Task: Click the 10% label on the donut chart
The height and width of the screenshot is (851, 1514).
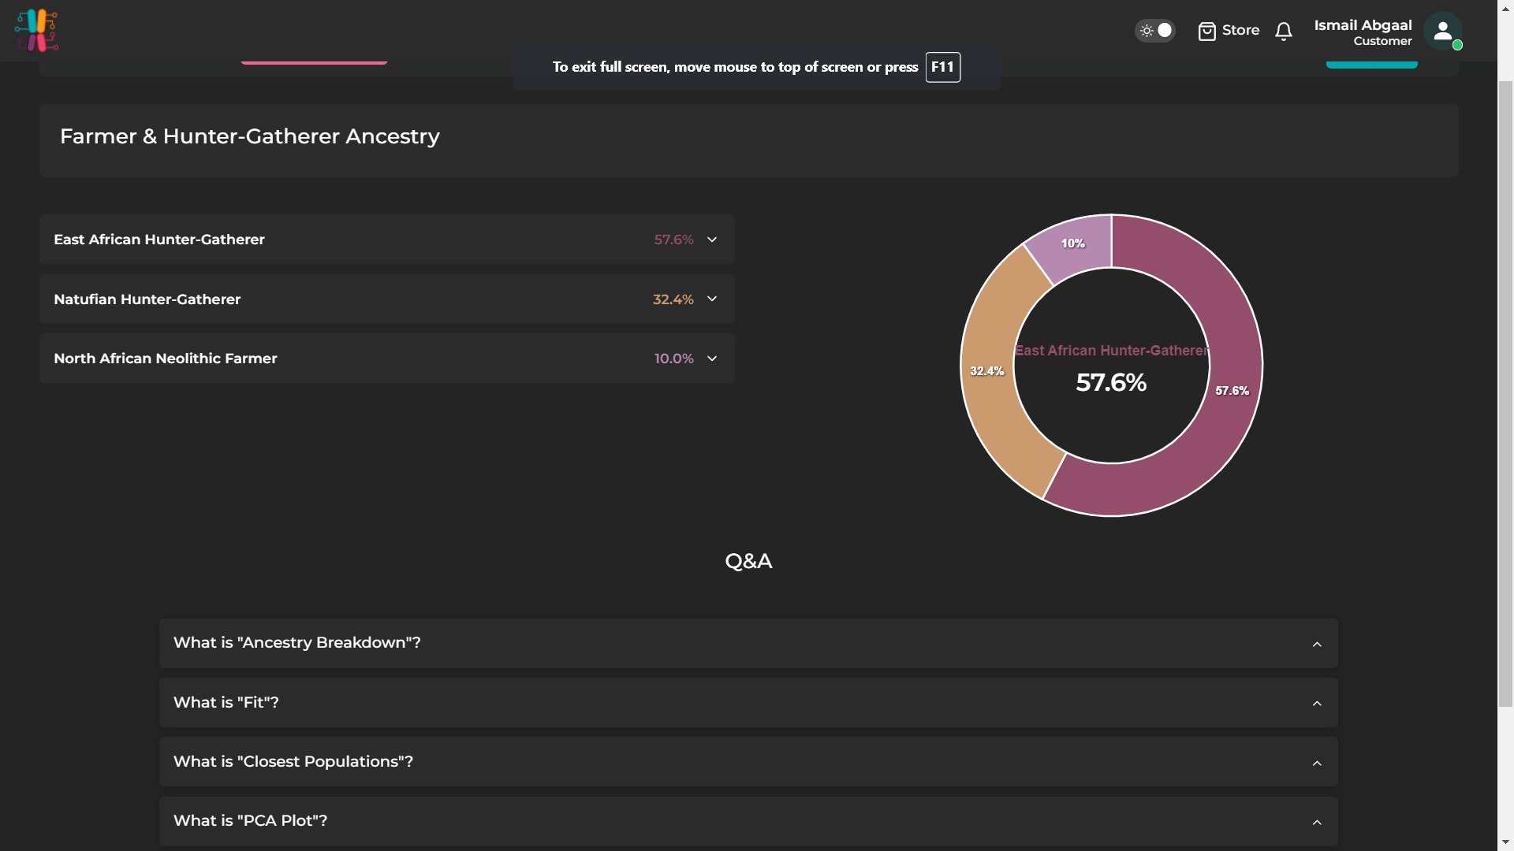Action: (x=1072, y=243)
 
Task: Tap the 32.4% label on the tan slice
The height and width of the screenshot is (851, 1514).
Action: (x=986, y=371)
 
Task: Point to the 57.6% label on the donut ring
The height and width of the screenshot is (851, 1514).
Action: (x=1232, y=391)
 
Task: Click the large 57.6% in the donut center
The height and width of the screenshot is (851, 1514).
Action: (x=1111, y=383)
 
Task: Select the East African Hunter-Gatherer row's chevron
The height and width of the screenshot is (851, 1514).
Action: (x=712, y=240)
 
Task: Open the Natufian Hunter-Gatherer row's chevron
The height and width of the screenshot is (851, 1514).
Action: (x=712, y=299)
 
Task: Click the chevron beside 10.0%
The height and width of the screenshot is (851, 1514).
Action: (x=712, y=359)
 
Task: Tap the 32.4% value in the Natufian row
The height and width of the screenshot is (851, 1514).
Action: (x=673, y=299)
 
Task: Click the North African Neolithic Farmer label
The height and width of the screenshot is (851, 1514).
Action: (x=166, y=359)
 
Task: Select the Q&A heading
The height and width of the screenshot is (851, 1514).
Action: (x=748, y=561)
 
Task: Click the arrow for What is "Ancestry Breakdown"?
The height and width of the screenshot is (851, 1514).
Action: (x=1317, y=645)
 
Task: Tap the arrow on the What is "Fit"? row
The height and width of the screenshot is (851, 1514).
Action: (x=1317, y=704)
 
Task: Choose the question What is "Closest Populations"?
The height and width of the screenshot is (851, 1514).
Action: (x=293, y=762)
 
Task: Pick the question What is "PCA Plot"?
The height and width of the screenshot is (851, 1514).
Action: (x=251, y=821)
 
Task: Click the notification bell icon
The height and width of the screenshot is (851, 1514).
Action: (x=1284, y=31)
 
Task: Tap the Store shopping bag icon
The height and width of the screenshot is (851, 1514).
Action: (x=1206, y=31)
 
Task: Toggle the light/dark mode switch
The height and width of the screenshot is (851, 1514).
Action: (x=1155, y=31)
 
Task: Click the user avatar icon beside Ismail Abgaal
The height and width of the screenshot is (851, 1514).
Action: (x=1443, y=31)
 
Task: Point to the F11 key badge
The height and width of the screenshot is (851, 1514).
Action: (x=942, y=67)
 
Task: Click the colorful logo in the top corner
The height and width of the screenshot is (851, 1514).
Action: (x=36, y=31)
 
